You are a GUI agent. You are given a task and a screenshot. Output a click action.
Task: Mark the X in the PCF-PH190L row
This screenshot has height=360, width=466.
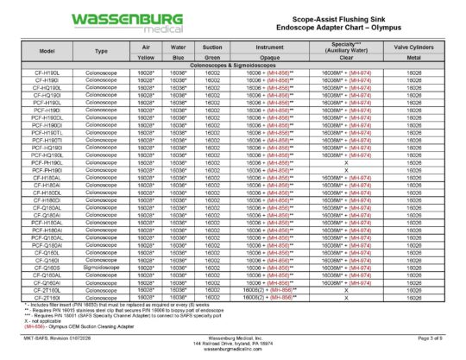click(x=346, y=162)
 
